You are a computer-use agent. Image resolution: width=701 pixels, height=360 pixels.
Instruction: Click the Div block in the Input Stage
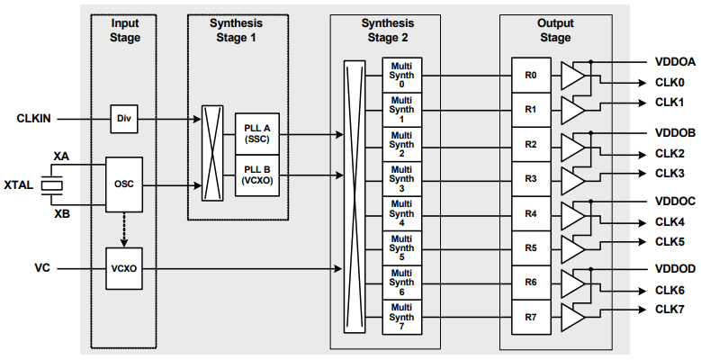point(123,118)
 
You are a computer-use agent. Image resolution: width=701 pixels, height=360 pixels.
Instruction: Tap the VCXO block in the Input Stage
point(123,267)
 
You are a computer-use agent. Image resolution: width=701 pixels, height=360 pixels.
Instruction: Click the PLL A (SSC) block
point(256,134)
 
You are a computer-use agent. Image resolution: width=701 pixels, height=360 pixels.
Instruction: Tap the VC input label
point(42,267)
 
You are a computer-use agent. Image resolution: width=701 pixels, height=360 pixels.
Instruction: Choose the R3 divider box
point(531,179)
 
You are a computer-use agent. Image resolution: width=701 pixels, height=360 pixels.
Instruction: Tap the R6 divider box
point(531,282)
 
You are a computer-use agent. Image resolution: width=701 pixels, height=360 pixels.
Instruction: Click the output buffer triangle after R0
point(571,76)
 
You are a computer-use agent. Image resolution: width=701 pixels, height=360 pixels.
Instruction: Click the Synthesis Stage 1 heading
point(237,30)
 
